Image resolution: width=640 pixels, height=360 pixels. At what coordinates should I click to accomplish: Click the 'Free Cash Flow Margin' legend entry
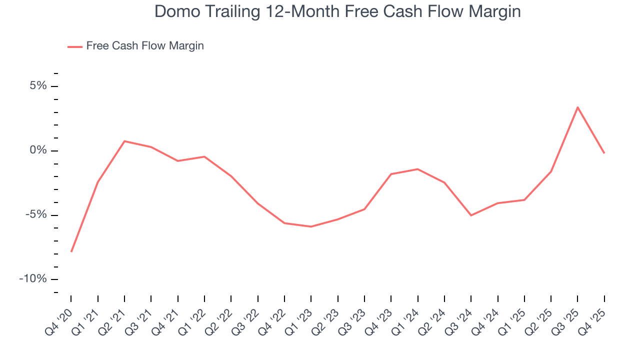click(x=144, y=46)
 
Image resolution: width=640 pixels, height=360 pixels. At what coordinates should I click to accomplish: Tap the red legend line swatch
click(x=75, y=46)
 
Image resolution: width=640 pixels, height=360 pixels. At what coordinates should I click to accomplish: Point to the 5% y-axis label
click(x=38, y=86)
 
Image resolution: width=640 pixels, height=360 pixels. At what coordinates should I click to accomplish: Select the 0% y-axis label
click(x=38, y=150)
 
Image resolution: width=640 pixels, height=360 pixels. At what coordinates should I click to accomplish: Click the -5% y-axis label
click(x=36, y=215)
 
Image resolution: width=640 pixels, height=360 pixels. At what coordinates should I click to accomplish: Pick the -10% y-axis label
click(x=33, y=279)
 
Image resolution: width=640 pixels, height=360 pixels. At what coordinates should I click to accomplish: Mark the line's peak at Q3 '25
click(x=577, y=107)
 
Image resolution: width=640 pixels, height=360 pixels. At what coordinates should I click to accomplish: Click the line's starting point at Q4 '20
click(x=71, y=251)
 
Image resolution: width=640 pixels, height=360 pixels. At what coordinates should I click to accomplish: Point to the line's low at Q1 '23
click(x=311, y=226)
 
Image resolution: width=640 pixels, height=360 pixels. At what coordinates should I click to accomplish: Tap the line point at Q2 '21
click(x=124, y=141)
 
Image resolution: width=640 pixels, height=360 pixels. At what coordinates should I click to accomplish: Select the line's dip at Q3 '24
click(x=471, y=215)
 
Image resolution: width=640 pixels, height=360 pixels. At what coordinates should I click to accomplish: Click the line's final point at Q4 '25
click(x=604, y=153)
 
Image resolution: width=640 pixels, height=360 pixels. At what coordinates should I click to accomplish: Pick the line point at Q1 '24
click(x=417, y=169)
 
